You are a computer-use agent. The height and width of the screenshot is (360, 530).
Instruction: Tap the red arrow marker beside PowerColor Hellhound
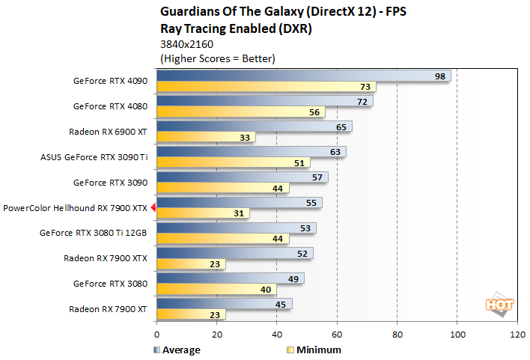153,208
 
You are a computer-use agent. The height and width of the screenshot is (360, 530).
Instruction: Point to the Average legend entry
177,350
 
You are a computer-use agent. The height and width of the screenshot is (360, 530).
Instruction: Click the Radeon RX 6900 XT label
108,132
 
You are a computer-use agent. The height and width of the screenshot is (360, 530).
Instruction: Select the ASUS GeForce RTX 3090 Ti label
94,157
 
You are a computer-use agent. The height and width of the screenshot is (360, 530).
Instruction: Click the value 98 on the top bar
441,76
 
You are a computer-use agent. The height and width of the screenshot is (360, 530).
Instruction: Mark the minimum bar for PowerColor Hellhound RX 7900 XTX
203,213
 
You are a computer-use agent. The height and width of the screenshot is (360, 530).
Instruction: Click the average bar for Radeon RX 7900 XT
224,304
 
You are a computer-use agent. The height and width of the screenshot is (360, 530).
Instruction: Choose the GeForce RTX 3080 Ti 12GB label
93,233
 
